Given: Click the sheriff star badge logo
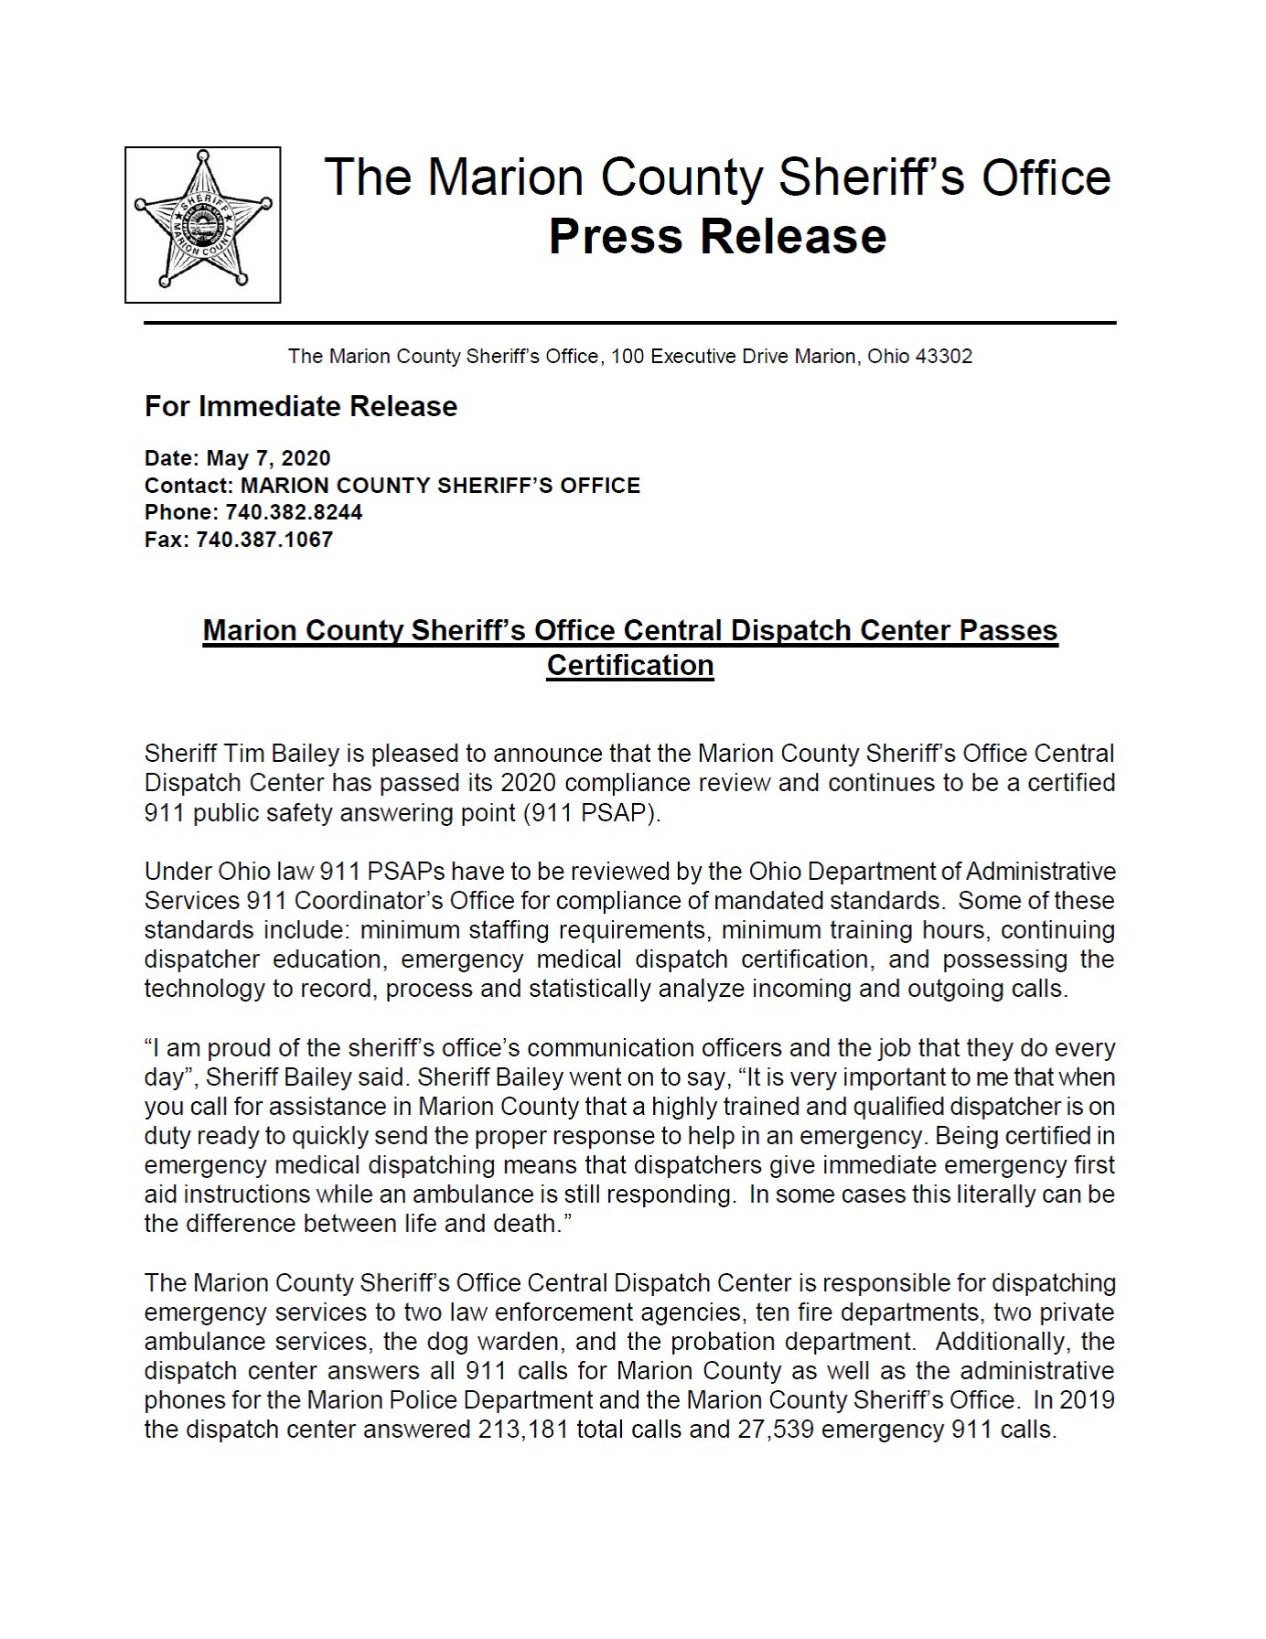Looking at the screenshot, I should click(x=202, y=224).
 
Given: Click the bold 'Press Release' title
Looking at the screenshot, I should click(x=717, y=236).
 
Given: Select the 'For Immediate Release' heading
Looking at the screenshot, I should click(x=300, y=406).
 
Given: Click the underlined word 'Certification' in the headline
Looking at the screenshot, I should click(x=629, y=665).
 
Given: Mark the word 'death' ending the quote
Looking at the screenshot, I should click(x=531, y=1224).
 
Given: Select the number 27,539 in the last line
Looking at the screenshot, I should click(x=776, y=1430).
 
